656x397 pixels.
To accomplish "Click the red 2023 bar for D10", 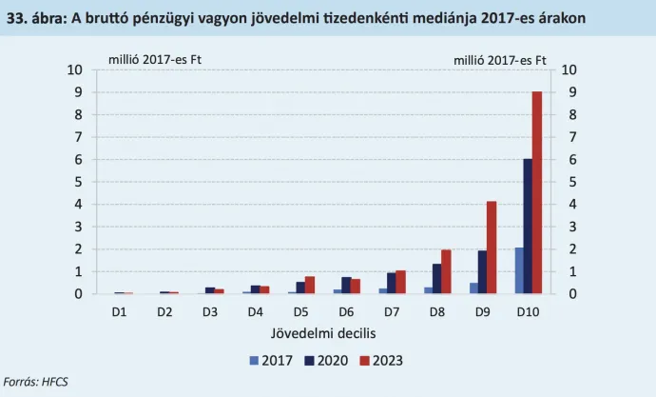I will tap(536, 193).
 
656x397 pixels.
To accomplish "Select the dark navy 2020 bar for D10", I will tap(528, 227).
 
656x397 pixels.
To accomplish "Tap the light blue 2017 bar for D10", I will tap(519, 271).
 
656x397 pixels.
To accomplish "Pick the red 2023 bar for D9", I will tap(492, 248).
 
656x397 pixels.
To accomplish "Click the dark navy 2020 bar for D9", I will tap(482, 272).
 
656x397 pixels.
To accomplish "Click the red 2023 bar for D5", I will tap(309, 286).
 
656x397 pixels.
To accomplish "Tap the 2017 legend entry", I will tap(268, 360).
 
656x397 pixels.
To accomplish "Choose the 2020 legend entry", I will tap(326, 360).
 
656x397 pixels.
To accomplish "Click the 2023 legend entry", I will tap(385, 360).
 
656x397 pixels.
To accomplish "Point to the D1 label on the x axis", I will tap(119, 311).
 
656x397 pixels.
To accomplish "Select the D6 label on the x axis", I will tap(345, 311).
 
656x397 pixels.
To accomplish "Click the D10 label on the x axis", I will tap(528, 311).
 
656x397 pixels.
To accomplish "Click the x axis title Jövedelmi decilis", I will tap(322, 333).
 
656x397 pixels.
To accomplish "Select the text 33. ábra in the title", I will tap(35, 17).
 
